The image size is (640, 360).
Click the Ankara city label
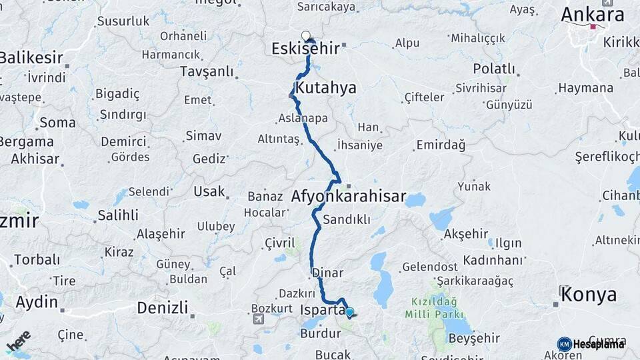click(592, 15)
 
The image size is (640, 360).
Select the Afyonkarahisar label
click(348, 196)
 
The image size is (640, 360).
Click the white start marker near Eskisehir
click(305, 35)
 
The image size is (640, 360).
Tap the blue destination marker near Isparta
click(349, 312)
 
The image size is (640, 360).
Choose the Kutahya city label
click(326, 88)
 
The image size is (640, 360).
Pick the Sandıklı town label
click(346, 219)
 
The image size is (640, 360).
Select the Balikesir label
click(31, 57)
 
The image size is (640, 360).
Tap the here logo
click(19, 341)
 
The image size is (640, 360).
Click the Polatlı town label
click(494, 69)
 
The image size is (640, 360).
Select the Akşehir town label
click(466, 233)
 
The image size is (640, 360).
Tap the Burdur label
click(320, 333)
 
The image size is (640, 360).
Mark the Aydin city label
click(37, 302)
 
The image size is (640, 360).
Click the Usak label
click(209, 191)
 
